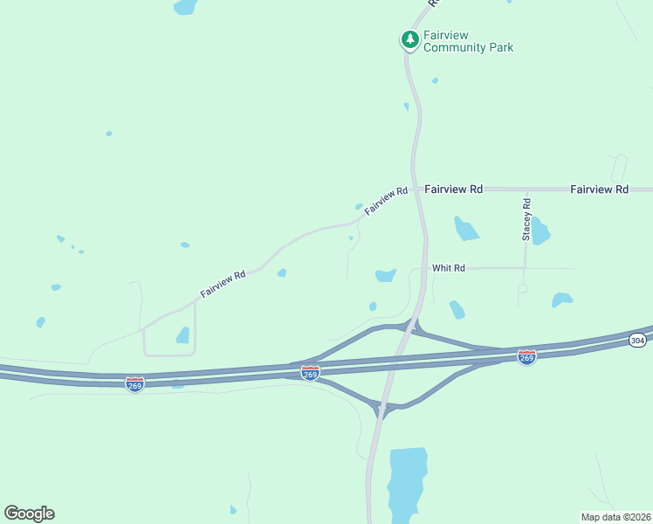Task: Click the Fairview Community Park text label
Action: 468,41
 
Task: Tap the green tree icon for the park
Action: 409,39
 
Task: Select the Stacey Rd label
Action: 526,219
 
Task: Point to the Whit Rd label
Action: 448,268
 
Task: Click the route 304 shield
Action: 638,340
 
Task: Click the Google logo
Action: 29,514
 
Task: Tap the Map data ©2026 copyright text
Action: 616,516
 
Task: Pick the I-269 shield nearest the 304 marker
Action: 526,357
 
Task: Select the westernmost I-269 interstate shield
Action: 134,384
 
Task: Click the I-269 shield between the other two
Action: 310,372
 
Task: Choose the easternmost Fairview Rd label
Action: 599,189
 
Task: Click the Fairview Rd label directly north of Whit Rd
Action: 454,189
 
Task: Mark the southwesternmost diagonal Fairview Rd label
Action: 223,284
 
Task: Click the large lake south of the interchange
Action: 407,482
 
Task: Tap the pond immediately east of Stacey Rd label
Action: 540,232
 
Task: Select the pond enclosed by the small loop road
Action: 182,334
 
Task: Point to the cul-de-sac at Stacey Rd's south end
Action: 522,287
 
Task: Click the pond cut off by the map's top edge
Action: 185,6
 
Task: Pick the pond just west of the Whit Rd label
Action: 385,275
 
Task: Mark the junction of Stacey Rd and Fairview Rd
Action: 526,189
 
